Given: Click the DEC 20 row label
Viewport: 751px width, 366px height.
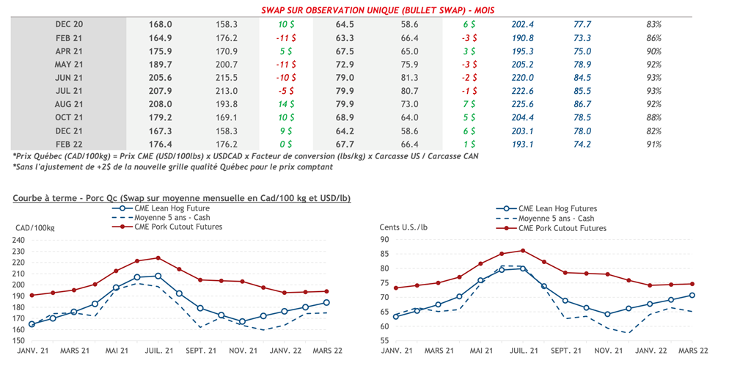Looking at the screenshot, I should (69, 24).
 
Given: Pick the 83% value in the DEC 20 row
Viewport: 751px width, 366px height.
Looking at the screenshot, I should (654, 24).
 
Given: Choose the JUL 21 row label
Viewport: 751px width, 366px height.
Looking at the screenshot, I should (69, 91).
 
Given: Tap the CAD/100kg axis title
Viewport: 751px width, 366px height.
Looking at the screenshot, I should (34, 228).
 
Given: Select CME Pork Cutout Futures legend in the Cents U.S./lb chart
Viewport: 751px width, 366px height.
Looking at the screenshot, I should (561, 228).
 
